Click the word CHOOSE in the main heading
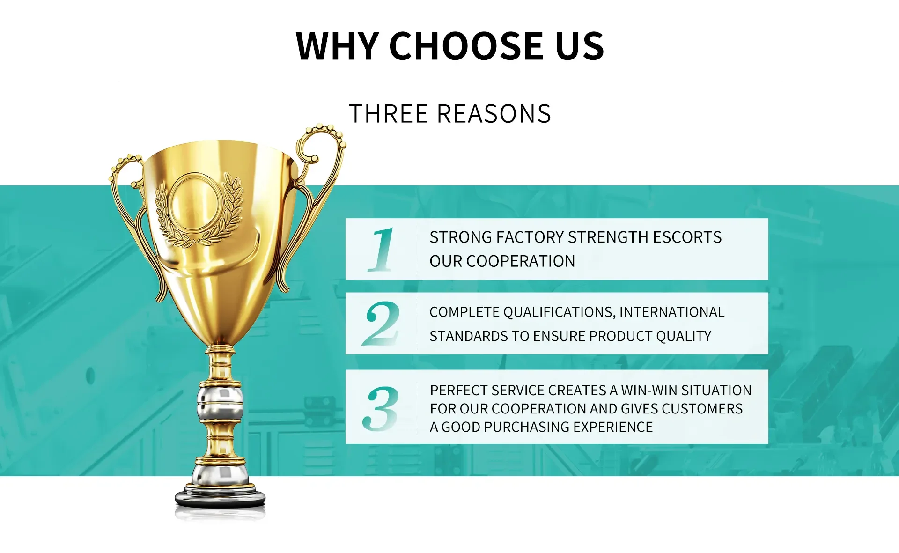point(465,46)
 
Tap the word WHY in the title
point(337,46)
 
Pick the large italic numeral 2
point(381,324)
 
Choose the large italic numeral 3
point(380,409)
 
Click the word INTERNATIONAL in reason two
point(672,312)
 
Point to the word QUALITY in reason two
point(684,336)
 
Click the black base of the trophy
point(220,499)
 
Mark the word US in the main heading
point(580,46)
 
